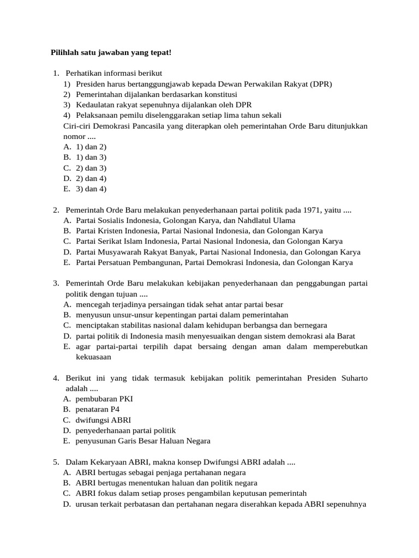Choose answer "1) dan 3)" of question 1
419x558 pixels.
91,157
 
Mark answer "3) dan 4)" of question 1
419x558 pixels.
91,189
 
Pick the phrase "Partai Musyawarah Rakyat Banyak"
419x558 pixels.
136,252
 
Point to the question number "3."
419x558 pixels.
56,283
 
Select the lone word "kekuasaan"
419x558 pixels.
93,357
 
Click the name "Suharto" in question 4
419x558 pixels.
354,378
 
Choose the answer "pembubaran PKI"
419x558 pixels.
104,399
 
